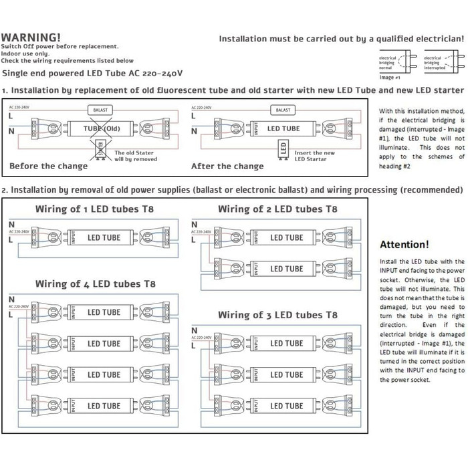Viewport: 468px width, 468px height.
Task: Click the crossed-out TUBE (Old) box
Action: pos(102,128)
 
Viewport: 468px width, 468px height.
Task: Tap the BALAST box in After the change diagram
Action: pos(283,108)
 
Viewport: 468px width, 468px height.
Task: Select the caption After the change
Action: pos(227,166)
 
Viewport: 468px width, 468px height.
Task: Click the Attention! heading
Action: pos(404,245)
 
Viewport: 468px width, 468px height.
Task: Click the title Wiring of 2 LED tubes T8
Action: pos(277,209)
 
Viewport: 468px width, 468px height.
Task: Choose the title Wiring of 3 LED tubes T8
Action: pos(277,314)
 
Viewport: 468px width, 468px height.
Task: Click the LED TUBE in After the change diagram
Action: pos(283,128)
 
